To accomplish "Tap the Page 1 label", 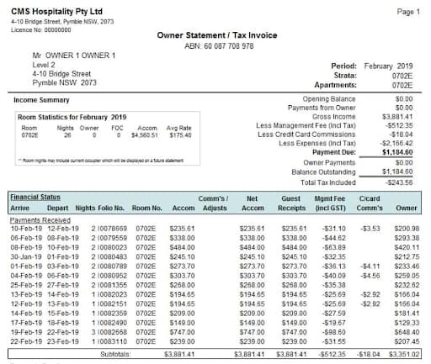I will (407, 13).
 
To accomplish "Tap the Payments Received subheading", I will (40, 219).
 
